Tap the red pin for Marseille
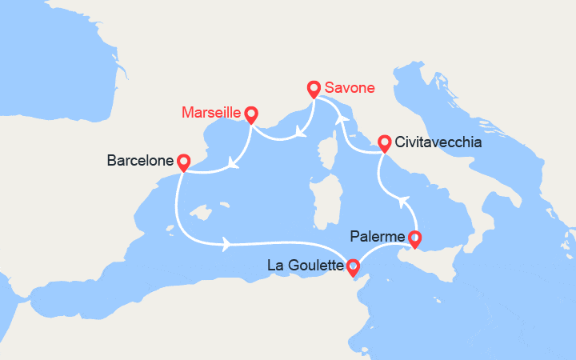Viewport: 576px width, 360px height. coord(251,115)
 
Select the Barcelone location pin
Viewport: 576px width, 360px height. coord(183,162)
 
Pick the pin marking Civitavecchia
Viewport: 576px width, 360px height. coord(384,142)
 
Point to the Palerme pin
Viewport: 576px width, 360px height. coord(414,238)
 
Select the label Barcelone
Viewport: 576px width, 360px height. coord(140,162)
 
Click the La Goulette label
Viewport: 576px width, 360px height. coord(306,264)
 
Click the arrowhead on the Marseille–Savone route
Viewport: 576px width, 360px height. coord(299,130)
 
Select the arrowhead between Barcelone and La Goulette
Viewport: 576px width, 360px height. coord(230,241)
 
